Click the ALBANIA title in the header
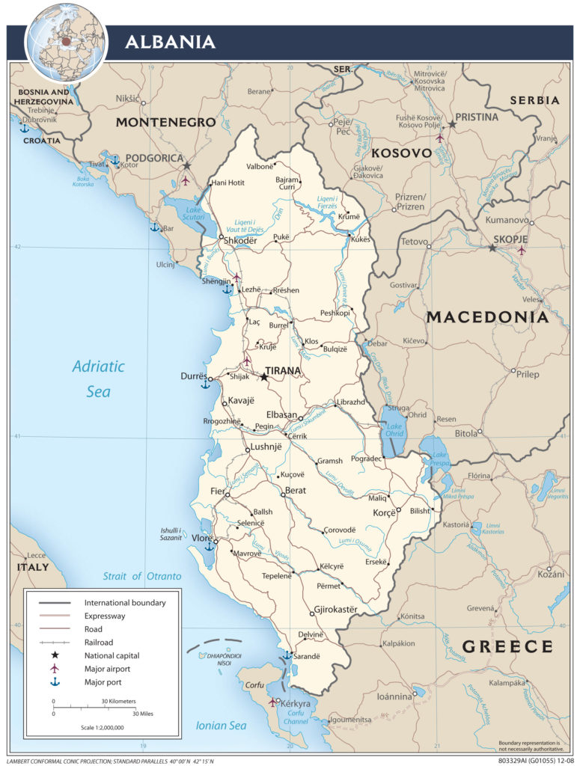coord(170,41)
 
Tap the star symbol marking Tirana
coord(263,378)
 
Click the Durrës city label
coord(192,376)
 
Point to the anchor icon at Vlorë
coord(210,546)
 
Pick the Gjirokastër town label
coord(336,610)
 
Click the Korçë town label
coord(378,514)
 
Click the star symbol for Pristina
coord(452,126)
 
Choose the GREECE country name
coord(507,646)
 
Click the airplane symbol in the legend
coord(53,668)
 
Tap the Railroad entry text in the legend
coord(99,642)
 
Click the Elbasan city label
coord(282,416)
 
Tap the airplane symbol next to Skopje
coord(522,250)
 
